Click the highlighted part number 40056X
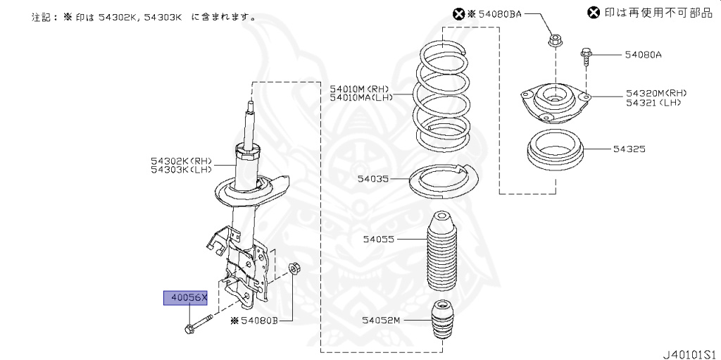click(186, 298)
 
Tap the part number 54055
click(380, 240)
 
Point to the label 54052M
click(381, 320)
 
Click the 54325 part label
click(629, 149)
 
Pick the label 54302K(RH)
click(180, 161)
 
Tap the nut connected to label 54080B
click(296, 268)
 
